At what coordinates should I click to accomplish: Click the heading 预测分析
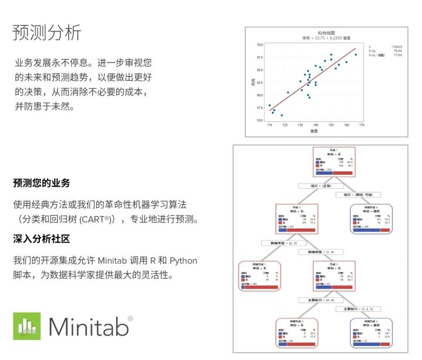[x=47, y=33]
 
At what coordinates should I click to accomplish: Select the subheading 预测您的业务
[x=42, y=183]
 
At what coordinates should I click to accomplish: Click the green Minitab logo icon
[x=27, y=326]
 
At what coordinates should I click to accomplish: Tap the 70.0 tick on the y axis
[x=259, y=45]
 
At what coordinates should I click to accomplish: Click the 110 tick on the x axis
[x=270, y=125]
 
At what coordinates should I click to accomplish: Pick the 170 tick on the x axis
[x=362, y=125]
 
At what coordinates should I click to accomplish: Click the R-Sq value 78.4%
[x=397, y=50]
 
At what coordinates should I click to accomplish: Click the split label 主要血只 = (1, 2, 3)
[x=358, y=308]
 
